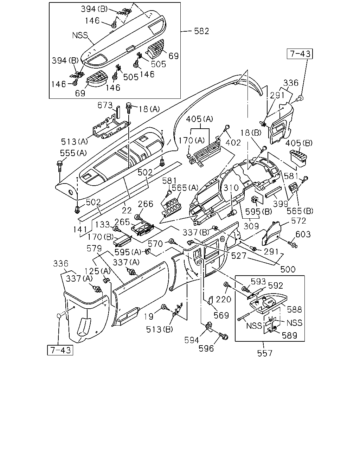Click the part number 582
click(201, 31)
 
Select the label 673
click(105, 105)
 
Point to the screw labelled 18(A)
click(129, 108)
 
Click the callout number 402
click(233, 143)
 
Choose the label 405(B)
click(299, 143)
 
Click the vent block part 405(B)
click(298, 159)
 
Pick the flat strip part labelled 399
click(274, 192)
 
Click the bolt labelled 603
click(292, 244)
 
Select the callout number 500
click(288, 270)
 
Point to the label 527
click(239, 256)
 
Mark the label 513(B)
click(159, 329)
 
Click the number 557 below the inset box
click(265, 354)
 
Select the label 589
click(289, 336)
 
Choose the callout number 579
click(94, 249)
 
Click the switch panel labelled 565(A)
click(170, 207)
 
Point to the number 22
click(127, 210)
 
